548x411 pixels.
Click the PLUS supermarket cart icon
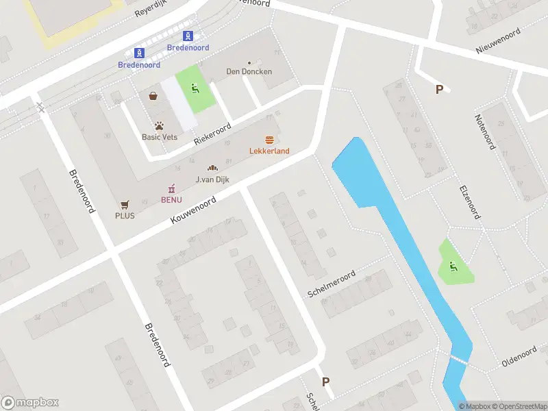(x=125, y=204)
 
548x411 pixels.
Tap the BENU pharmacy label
(x=171, y=199)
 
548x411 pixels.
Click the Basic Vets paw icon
(x=159, y=126)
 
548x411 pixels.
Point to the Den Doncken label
(x=249, y=71)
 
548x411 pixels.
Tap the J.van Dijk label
(x=212, y=179)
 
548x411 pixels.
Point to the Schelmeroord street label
(x=332, y=284)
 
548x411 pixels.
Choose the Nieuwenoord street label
(x=498, y=42)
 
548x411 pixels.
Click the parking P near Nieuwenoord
(x=439, y=89)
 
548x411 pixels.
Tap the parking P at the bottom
(x=326, y=382)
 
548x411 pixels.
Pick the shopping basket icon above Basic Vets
(x=153, y=97)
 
